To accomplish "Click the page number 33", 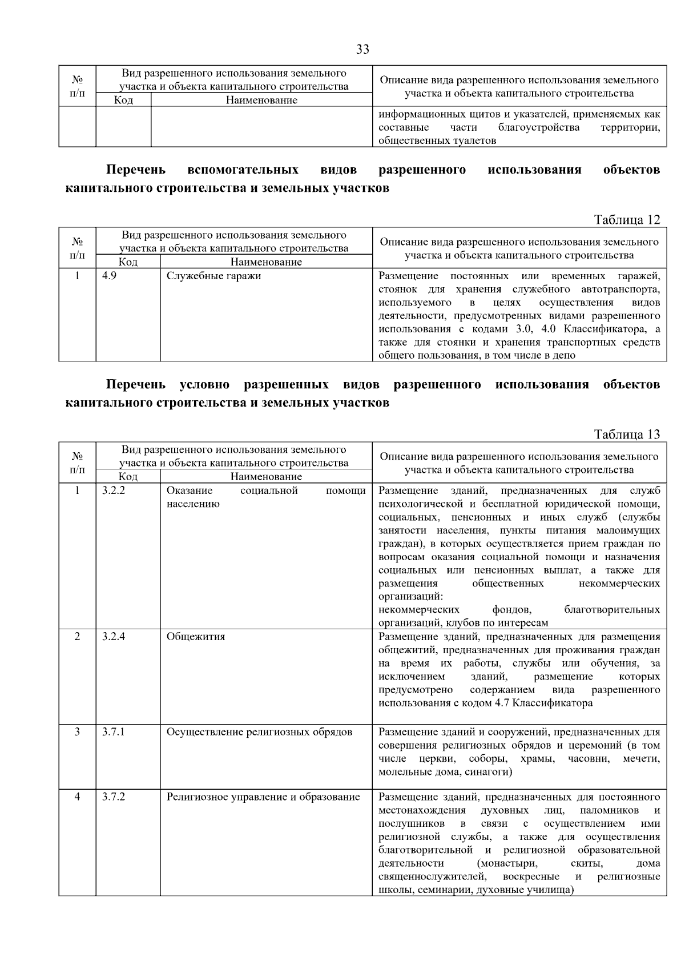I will point(362,50).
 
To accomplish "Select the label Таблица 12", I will point(627,220).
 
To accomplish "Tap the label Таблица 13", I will point(627,435).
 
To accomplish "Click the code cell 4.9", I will point(109,276).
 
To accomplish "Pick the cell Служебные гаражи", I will point(213,276).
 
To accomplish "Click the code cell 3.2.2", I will point(114,490).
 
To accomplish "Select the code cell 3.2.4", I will point(114,636).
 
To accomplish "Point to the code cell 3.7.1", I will point(114,731).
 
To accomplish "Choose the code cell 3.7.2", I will point(114,797).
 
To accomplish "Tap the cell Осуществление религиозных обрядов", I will point(259,732).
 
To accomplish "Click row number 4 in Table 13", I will point(77,797).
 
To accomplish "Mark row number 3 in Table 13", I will point(77,731).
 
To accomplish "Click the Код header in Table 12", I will point(128,262).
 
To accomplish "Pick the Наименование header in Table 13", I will point(266,476).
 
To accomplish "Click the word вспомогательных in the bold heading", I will point(243,170).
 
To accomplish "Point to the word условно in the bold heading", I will point(204,384).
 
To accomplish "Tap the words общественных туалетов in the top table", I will point(437,140).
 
